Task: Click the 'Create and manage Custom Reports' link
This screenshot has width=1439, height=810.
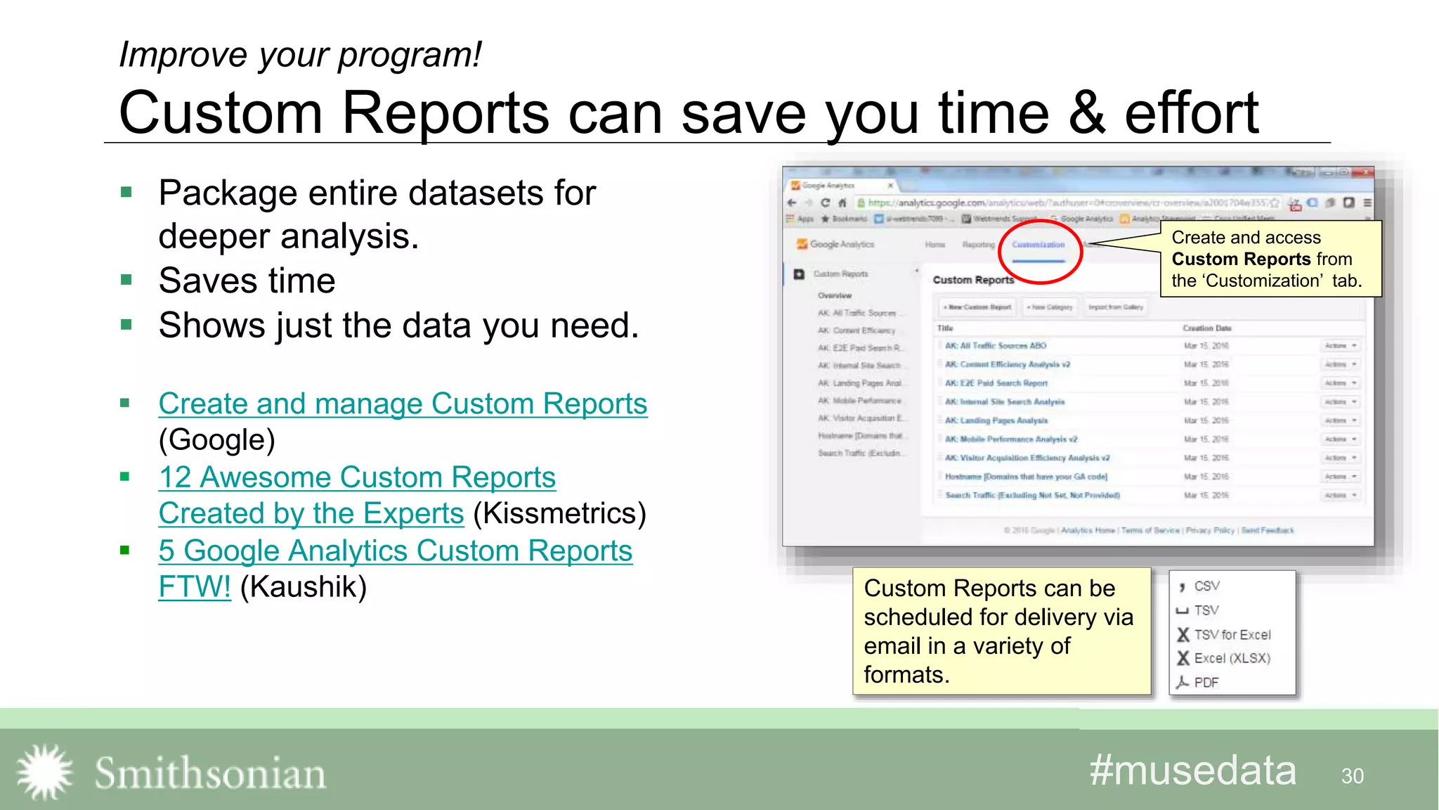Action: [403, 404]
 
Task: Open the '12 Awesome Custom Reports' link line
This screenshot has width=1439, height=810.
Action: [357, 477]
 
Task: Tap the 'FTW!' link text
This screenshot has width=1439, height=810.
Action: [195, 587]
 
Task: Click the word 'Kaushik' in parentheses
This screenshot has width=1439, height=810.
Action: [304, 587]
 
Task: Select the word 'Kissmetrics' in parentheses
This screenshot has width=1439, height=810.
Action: [559, 513]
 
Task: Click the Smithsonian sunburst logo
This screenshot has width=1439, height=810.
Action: [45, 772]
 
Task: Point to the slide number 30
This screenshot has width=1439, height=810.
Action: [1352, 776]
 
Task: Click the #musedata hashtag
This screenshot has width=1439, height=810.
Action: [1192, 771]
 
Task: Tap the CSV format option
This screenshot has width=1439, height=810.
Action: [1206, 586]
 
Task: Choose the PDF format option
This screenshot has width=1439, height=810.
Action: [1206, 682]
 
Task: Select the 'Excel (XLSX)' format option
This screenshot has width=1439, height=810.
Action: [1232, 658]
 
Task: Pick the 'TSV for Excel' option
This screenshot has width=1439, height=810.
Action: [1232, 635]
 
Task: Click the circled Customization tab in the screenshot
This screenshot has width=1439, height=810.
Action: [1038, 245]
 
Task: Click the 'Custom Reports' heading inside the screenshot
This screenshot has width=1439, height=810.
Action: [973, 280]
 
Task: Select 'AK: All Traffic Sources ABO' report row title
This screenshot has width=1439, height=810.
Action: [995, 346]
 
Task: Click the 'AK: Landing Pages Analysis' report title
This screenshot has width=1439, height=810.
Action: [996, 420]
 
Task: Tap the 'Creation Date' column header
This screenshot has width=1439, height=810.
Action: [1206, 328]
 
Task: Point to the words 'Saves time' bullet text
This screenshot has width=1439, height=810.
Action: [247, 281]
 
